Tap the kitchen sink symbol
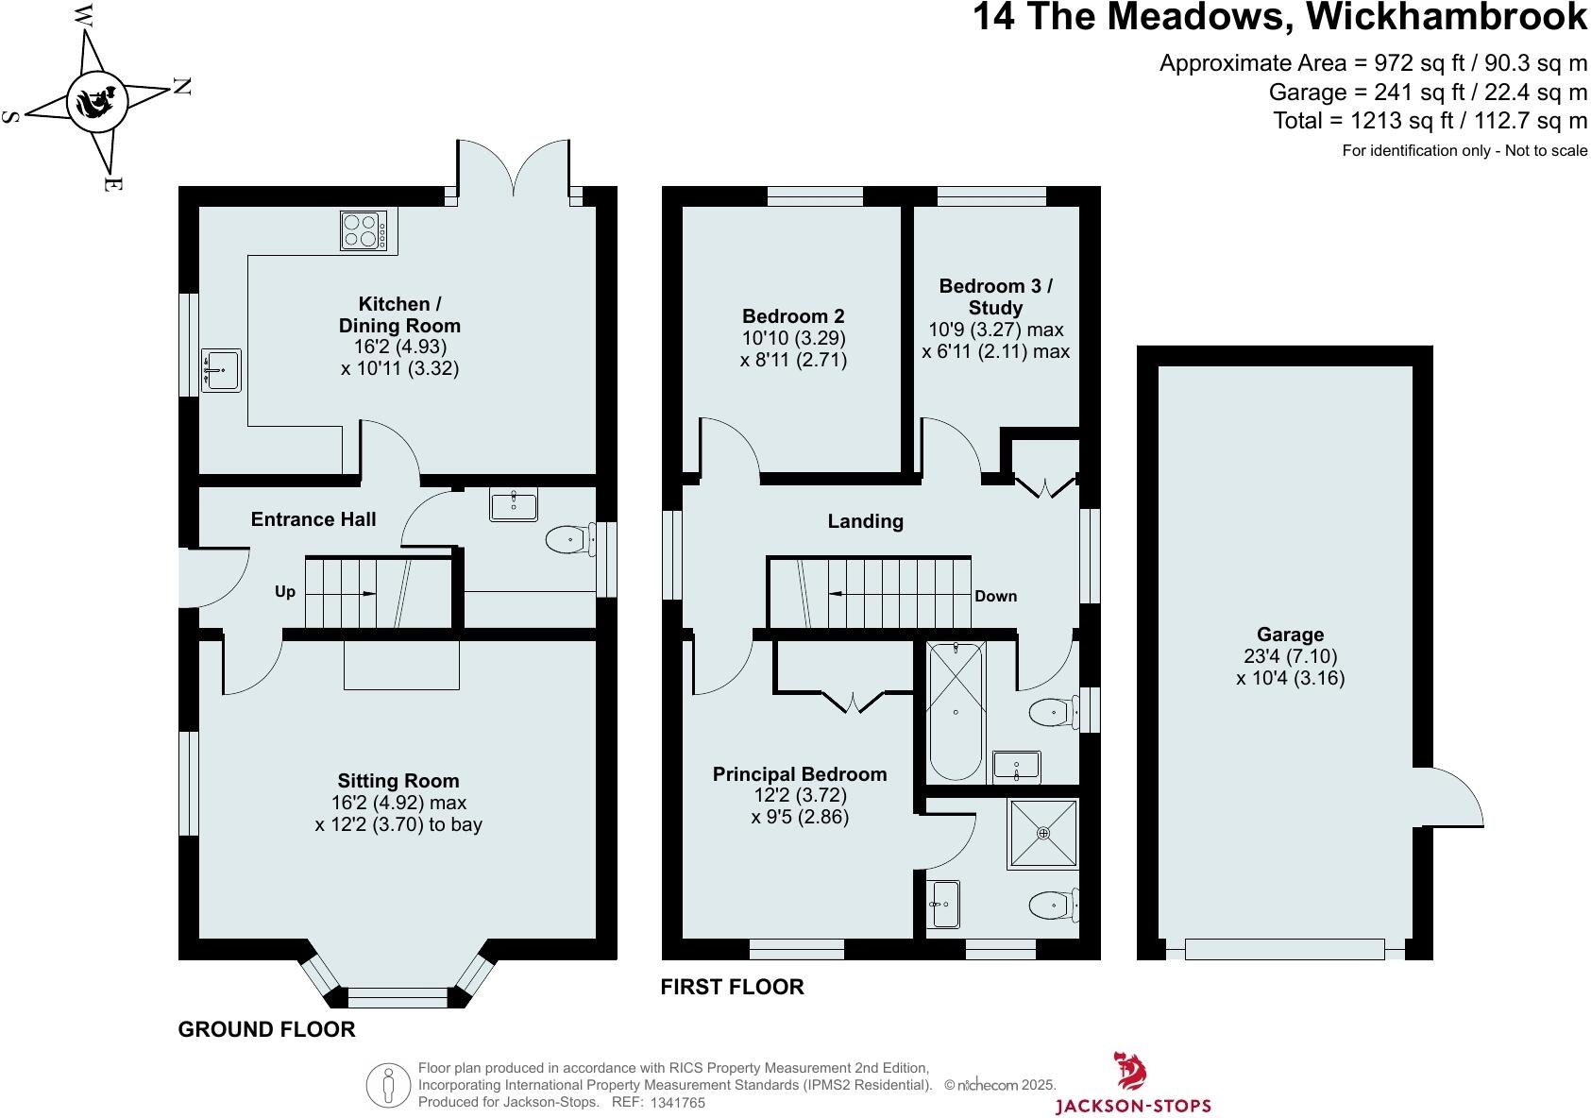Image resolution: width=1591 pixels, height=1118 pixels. (x=221, y=370)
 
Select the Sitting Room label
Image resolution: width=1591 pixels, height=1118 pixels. (x=398, y=781)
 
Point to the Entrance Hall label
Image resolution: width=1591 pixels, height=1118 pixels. (x=313, y=519)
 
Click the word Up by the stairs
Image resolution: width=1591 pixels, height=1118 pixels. (x=285, y=592)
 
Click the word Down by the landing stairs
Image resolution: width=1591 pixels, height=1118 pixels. (x=996, y=596)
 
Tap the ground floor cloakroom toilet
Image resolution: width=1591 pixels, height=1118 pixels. (x=570, y=541)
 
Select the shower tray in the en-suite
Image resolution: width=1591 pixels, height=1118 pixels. (x=1042, y=834)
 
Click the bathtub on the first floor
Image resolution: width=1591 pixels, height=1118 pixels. (x=956, y=711)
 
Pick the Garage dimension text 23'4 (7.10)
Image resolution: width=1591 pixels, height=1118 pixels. (x=1290, y=656)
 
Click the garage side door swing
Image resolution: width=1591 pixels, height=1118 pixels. (x=1449, y=798)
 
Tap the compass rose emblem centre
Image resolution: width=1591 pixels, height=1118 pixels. (x=95, y=98)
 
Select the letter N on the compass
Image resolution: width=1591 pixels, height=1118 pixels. (x=182, y=87)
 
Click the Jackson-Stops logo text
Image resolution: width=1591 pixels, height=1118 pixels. (x=1132, y=1105)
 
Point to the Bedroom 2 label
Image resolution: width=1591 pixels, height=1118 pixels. (x=793, y=316)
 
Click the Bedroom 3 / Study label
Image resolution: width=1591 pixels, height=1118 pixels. (x=995, y=296)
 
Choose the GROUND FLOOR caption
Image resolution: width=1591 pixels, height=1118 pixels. (x=267, y=1029)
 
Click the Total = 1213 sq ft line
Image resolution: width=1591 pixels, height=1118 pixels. (x=1430, y=121)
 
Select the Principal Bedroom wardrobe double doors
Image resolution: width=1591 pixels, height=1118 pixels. (x=853, y=702)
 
